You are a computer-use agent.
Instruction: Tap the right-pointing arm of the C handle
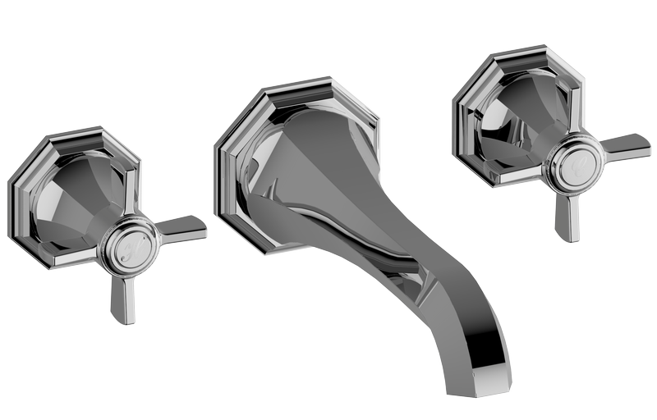(625, 145)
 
